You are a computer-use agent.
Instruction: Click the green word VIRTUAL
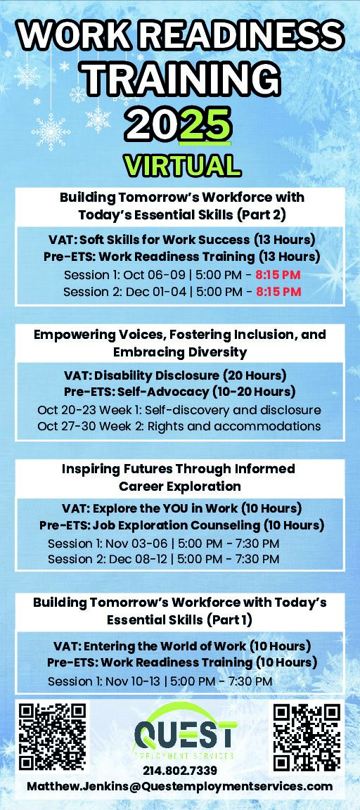(182, 166)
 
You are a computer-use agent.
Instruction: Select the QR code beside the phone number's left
(52, 737)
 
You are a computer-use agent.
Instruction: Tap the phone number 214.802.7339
(180, 771)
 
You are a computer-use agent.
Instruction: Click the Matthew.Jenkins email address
(180, 786)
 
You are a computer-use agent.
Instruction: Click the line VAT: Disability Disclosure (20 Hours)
(175, 375)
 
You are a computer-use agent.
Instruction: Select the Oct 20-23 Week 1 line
(179, 410)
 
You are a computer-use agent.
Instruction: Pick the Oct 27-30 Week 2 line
(179, 427)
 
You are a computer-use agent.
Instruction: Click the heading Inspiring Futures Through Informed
(179, 469)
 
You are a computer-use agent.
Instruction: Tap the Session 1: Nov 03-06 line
(164, 544)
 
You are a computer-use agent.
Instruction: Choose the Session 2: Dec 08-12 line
(164, 559)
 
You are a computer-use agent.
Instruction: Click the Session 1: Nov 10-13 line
(160, 681)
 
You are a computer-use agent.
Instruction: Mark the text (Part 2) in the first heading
(262, 214)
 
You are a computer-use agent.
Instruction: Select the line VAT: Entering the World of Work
(182, 646)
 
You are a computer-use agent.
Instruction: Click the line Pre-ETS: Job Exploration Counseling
(182, 526)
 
